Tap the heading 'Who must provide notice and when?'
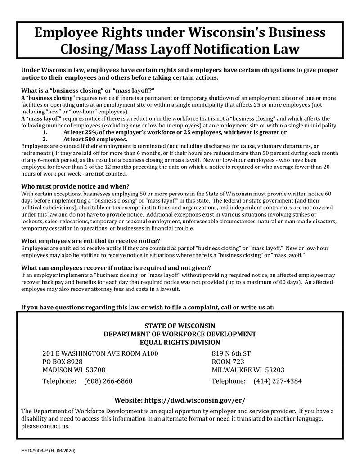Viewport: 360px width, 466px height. click(x=75, y=186)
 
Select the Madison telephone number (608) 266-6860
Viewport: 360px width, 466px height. click(x=108, y=381)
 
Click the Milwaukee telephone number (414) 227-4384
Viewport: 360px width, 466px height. click(x=278, y=381)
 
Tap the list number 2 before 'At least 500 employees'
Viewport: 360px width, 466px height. click(x=45, y=139)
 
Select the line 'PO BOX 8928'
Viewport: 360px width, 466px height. click(x=62, y=362)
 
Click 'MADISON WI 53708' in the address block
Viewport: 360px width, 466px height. click(x=74, y=370)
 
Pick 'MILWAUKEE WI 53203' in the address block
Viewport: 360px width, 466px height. click(x=248, y=370)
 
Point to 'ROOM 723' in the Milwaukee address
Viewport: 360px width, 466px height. click(x=228, y=362)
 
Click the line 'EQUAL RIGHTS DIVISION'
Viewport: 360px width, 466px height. click(x=180, y=343)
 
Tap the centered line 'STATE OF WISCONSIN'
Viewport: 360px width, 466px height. click(x=180, y=326)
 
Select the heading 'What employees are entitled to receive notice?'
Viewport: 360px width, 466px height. click(x=90, y=241)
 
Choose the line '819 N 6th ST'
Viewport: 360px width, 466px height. click(x=231, y=353)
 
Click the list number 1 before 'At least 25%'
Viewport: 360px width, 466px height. click(x=45, y=132)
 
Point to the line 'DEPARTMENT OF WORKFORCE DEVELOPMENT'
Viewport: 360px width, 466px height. click(x=180, y=334)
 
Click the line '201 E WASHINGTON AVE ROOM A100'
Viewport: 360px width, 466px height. click(x=100, y=353)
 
